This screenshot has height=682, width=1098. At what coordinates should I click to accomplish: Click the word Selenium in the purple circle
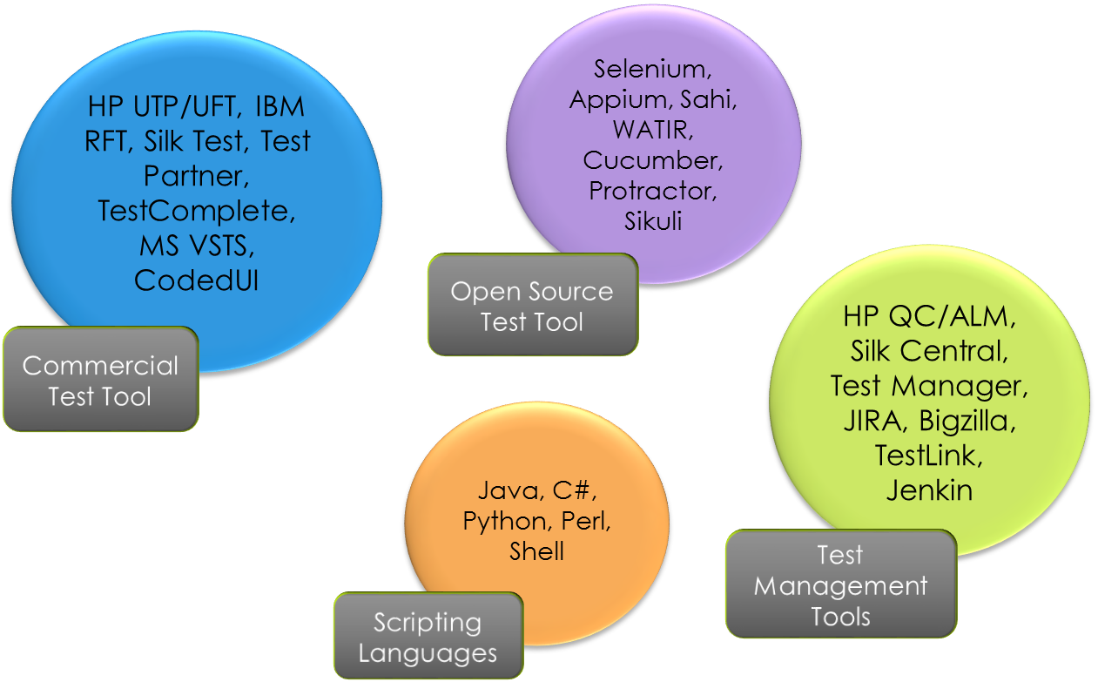click(x=647, y=69)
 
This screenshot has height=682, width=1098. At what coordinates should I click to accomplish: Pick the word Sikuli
click(x=653, y=221)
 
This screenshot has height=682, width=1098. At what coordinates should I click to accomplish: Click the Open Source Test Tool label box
click(x=532, y=306)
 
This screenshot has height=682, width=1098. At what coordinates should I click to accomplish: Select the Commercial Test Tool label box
click(x=100, y=381)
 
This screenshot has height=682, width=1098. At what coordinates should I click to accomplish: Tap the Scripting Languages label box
click(x=428, y=637)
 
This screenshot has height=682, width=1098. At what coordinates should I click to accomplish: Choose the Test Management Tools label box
click(x=840, y=585)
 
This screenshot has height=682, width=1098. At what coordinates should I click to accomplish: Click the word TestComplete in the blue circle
click(x=196, y=212)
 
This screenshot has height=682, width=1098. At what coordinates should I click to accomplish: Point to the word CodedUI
click(x=196, y=280)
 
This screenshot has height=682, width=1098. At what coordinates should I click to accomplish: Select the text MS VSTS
click(x=196, y=246)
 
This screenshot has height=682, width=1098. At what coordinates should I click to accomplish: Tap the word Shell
click(x=537, y=552)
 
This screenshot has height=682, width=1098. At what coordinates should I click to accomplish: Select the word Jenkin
click(x=929, y=490)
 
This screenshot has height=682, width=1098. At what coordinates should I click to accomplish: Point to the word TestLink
click(x=929, y=456)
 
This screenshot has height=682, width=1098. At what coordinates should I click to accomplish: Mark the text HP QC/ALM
click(x=929, y=316)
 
